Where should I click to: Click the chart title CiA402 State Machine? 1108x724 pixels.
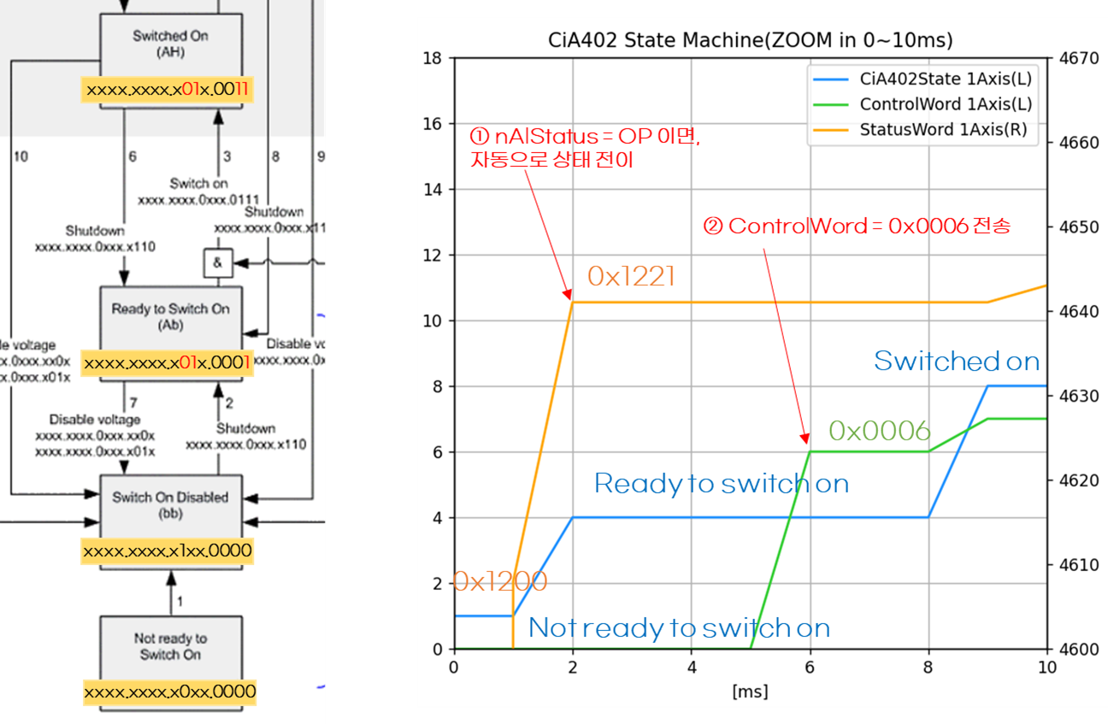coord(750,40)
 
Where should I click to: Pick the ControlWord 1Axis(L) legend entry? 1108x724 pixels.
coord(945,104)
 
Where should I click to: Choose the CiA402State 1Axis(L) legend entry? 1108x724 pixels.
coord(945,79)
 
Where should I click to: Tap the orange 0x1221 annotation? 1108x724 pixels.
coord(631,275)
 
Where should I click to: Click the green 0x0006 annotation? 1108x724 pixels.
coord(879,431)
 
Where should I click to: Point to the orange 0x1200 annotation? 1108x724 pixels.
coord(499,581)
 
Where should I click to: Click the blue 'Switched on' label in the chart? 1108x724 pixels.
coord(956,362)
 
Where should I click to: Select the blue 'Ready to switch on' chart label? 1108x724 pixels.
coord(721,484)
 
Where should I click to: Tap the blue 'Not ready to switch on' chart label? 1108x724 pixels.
coord(679,628)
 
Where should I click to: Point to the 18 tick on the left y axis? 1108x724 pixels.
coord(433,58)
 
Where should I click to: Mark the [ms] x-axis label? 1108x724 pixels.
coord(750,691)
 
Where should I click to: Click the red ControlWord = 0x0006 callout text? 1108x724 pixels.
coord(856,227)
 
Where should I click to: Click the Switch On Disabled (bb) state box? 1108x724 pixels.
coord(170,504)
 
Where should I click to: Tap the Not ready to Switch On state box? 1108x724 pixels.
coord(170,646)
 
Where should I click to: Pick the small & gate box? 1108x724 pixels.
coord(217,263)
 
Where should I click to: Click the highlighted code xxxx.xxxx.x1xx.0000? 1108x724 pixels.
coord(168,551)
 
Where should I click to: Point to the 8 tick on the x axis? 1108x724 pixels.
coord(928,666)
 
